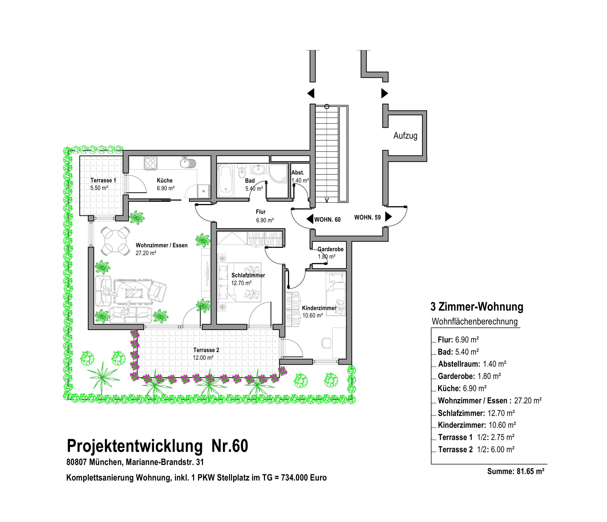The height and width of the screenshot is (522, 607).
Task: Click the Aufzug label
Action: point(405,136)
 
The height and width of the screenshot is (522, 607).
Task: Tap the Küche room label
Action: point(165,181)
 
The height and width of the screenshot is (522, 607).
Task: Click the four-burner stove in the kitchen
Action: point(151,163)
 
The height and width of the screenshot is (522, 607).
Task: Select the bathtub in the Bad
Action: point(225,181)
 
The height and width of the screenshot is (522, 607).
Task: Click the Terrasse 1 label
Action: point(103,180)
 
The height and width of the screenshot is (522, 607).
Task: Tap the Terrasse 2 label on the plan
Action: point(206,350)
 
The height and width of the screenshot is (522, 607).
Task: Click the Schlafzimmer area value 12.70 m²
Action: point(241,283)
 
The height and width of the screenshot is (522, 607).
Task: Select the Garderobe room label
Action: point(331,249)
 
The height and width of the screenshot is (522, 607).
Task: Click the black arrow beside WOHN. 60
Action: point(310,219)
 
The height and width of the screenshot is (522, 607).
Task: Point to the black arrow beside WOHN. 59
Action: point(388,217)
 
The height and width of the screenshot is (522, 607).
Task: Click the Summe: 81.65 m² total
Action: point(516,471)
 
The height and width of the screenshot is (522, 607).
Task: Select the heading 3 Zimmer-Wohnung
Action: point(477,307)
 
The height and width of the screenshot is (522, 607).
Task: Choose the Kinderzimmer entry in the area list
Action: point(477,425)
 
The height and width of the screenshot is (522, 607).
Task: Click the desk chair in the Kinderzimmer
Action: point(327,343)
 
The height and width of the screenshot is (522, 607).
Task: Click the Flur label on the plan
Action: point(261,212)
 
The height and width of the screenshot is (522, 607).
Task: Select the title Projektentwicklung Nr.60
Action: point(157,446)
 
